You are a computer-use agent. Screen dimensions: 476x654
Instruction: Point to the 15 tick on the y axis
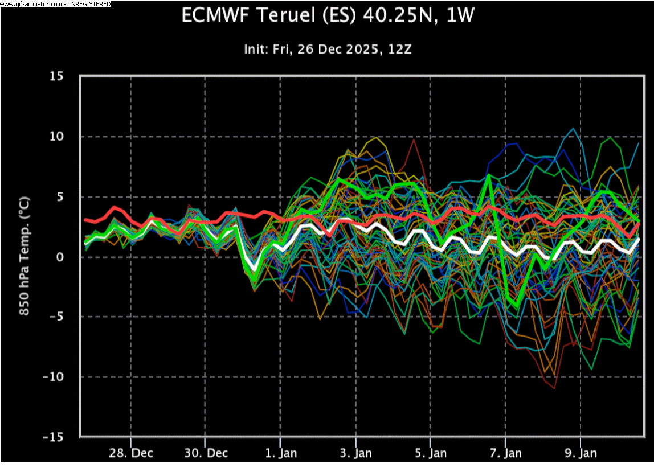[x=57, y=76]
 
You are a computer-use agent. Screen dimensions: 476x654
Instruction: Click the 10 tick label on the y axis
[x=57, y=137]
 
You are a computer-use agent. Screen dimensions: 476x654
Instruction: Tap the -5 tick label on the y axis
[x=58, y=317]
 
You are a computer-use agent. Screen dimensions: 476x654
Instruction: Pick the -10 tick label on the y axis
[x=55, y=377]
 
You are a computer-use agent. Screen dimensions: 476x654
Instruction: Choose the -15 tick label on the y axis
[x=55, y=437]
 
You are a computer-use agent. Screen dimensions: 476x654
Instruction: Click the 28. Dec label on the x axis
[x=130, y=453]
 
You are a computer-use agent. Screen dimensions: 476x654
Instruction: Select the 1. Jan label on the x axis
[x=281, y=453]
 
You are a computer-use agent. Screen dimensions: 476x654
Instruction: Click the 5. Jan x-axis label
[x=431, y=453]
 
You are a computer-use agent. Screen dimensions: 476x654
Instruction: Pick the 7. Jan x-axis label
[x=505, y=453]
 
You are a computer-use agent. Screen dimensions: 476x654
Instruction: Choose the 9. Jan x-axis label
[x=581, y=453]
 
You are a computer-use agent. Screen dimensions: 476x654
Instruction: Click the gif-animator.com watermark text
[x=55, y=3]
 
